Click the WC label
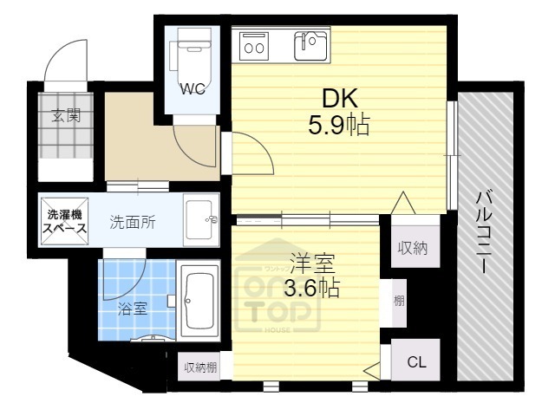(x=192, y=89)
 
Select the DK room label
(x=339, y=97)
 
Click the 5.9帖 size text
(x=339, y=125)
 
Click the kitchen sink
(x=310, y=45)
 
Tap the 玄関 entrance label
(x=65, y=116)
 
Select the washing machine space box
(x=64, y=222)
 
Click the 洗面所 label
(x=132, y=222)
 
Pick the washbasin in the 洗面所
(x=201, y=220)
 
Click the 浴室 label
(x=133, y=308)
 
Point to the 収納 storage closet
(x=412, y=248)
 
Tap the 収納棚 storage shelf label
(x=200, y=367)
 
